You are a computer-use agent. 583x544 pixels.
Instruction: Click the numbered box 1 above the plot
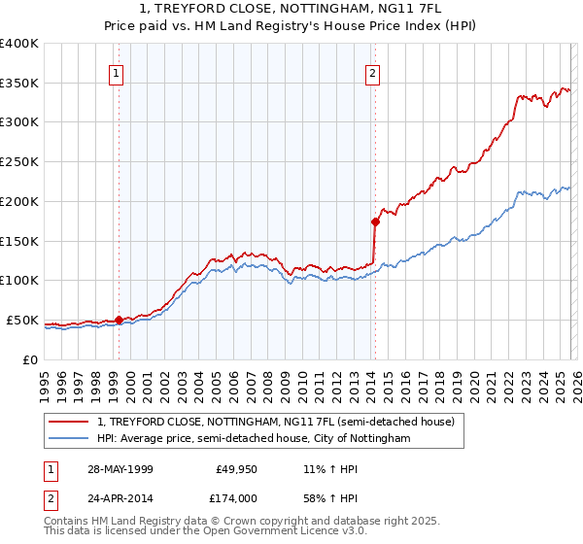pos(117,72)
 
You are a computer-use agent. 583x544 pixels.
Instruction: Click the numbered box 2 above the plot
pos(373,72)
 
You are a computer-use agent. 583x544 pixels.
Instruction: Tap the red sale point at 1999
pos(119,320)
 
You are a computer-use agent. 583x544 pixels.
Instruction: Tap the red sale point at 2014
pos(375,221)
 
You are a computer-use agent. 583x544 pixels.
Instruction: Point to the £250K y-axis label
pos(19,162)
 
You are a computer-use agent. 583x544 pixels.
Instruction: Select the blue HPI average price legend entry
pos(254,439)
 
